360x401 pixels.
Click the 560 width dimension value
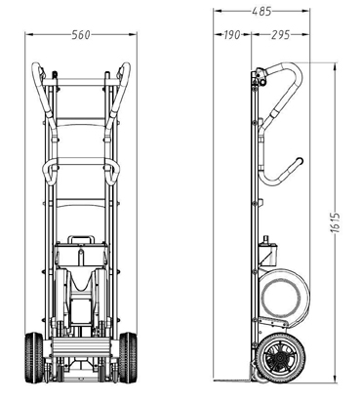click(80, 34)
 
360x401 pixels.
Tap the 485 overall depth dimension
click(261, 12)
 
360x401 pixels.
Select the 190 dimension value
click(232, 34)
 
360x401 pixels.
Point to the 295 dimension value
click(280, 34)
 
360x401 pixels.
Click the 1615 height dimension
click(335, 222)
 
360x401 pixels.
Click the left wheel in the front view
click(34, 357)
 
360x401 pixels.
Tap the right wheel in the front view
click(128, 357)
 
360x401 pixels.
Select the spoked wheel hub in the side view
click(278, 358)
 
